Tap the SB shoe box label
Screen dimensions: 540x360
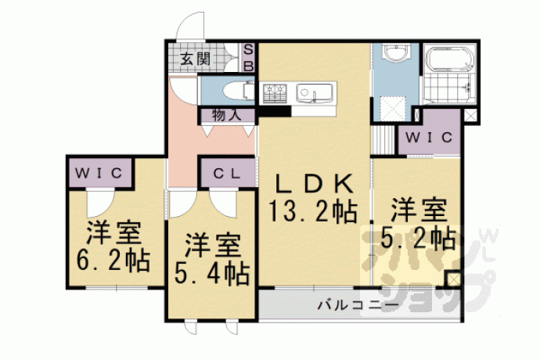pyautogui.click(x=248, y=58)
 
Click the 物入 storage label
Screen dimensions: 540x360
pyautogui.click(x=226, y=115)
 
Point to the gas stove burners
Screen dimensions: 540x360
pyautogui.click(x=275, y=93)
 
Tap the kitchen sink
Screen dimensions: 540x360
pyautogui.click(x=314, y=93)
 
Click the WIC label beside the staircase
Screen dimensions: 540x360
pyautogui.click(x=429, y=138)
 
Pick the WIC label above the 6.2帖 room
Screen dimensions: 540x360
pyautogui.click(x=99, y=173)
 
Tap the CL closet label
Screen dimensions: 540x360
pyautogui.click(x=227, y=174)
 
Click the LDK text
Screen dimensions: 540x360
pyautogui.click(x=314, y=185)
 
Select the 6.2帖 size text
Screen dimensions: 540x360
pyautogui.click(x=113, y=261)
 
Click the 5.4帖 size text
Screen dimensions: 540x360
pyautogui.click(x=211, y=274)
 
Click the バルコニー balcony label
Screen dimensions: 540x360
pyautogui.click(x=358, y=305)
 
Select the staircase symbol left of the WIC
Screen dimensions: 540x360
pyautogui.click(x=383, y=141)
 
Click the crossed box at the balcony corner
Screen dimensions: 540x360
pyautogui.click(x=453, y=279)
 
